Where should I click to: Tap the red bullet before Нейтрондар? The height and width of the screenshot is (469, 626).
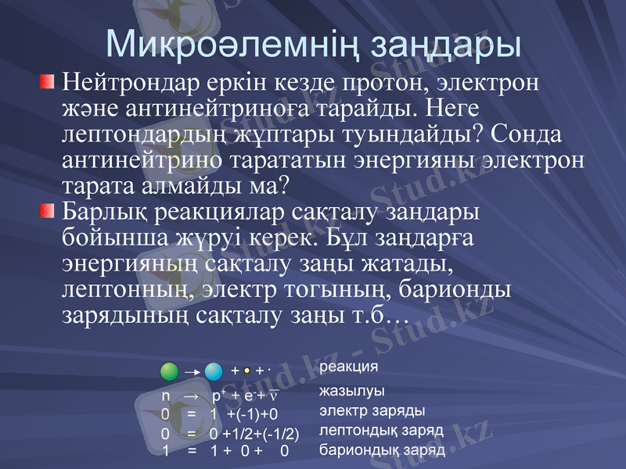click(x=47, y=81)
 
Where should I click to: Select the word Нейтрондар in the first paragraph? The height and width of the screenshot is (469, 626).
click(x=136, y=81)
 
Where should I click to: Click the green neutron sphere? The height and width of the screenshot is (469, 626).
click(x=169, y=371)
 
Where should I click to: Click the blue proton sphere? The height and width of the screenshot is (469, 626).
click(x=214, y=371)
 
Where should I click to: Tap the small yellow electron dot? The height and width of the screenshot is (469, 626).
click(x=246, y=371)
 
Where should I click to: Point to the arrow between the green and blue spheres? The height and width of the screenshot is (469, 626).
click(x=191, y=372)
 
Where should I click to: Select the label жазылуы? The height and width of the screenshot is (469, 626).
click(x=352, y=391)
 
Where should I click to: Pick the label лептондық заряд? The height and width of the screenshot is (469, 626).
click(x=382, y=431)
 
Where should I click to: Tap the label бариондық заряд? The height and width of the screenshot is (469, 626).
click(x=383, y=450)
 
